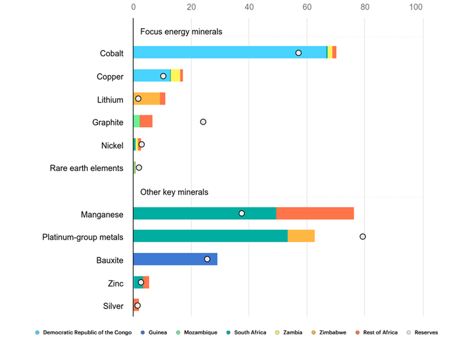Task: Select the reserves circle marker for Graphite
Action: click(203, 122)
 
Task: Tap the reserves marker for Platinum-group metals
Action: click(363, 236)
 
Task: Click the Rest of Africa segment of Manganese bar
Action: click(315, 213)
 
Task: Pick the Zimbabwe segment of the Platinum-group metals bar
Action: click(301, 236)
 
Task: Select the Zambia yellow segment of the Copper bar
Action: click(175, 76)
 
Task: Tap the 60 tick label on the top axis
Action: click(307, 8)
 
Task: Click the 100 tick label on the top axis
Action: click(417, 8)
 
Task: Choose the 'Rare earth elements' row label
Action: click(87, 168)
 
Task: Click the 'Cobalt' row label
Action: click(112, 53)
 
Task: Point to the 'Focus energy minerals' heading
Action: click(181, 31)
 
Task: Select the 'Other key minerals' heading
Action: click(174, 192)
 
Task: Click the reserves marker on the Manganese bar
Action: click(242, 213)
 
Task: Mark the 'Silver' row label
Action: click(113, 306)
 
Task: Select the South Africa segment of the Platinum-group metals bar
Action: click(210, 236)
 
